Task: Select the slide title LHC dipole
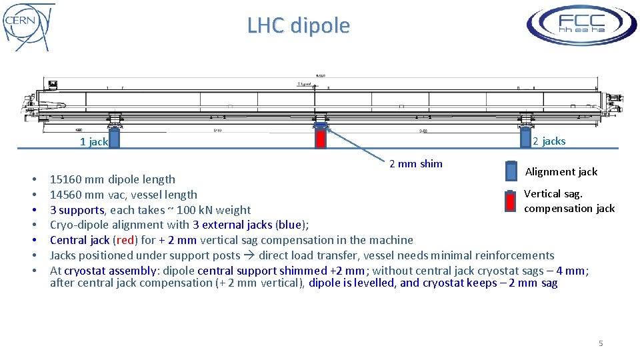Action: click(x=298, y=25)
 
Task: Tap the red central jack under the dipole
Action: click(x=321, y=138)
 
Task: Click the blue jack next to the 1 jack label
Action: click(x=114, y=138)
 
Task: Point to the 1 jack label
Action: click(x=93, y=141)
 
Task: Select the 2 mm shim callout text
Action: click(x=415, y=163)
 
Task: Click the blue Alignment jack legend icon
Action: click(x=511, y=171)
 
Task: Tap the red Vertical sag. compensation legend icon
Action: click(x=511, y=202)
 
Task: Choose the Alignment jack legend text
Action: click(x=561, y=171)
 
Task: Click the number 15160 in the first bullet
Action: click(x=65, y=179)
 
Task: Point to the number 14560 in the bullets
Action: click(x=65, y=195)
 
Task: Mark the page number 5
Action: click(x=601, y=343)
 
